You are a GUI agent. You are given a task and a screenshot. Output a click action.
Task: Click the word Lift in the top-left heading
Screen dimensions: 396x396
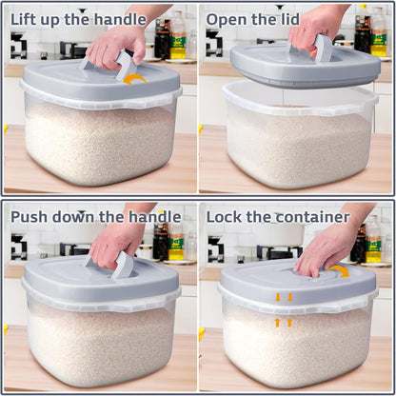tap(27, 18)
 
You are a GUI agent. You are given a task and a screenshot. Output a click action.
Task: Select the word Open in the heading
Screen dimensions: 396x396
tap(229, 18)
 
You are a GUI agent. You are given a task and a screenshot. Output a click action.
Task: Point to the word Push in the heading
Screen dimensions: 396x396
tap(31, 216)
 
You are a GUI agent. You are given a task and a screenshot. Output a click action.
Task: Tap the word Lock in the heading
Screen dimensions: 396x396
tap(227, 216)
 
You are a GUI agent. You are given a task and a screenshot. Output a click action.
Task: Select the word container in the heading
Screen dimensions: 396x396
tap(312, 216)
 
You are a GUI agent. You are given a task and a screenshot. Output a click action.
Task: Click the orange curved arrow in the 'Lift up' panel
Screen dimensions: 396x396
tap(135, 79)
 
